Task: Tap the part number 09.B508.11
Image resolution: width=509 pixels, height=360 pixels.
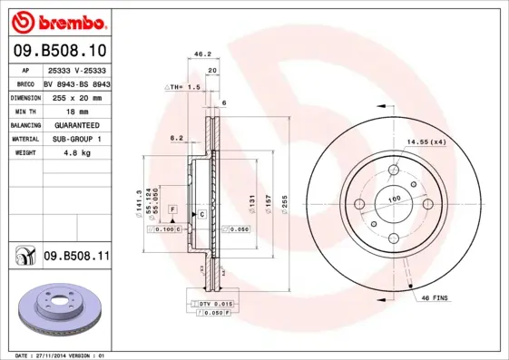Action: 76,258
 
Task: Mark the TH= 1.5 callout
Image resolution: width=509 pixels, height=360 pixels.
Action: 181,87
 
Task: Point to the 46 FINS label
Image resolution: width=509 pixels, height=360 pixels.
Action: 436,297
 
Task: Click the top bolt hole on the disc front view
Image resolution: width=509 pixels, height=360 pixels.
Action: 394,170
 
